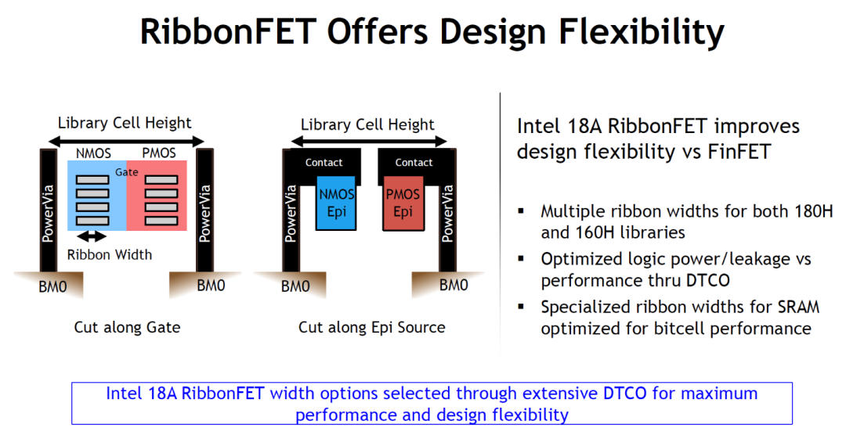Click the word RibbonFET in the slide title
[228, 31]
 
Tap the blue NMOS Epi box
[335, 203]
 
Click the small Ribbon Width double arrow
[91, 236]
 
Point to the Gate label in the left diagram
[127, 172]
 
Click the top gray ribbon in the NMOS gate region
[92, 180]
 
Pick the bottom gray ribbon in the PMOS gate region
[161, 221]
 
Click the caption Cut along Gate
[127, 327]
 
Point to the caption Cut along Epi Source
[372, 327]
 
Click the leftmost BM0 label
[52, 286]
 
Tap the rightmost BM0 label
[454, 285]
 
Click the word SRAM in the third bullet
[798, 307]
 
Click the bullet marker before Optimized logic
[521, 259]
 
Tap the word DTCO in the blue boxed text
[625, 393]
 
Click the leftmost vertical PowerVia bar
[48, 211]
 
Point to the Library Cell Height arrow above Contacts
[368, 142]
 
